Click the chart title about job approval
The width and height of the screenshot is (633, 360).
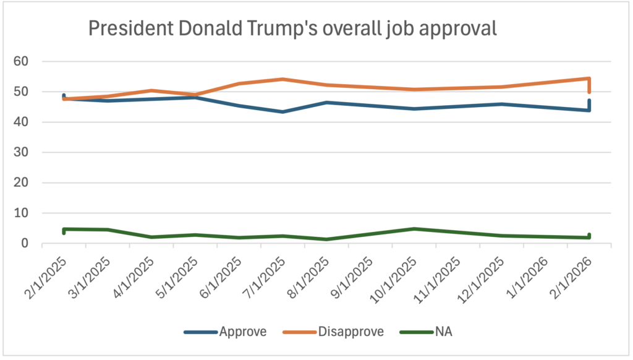pyautogui.click(x=292, y=28)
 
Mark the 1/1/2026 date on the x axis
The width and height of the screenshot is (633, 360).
pyautogui.click(x=529, y=272)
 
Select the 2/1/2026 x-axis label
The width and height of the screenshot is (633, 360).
pyautogui.click(x=572, y=272)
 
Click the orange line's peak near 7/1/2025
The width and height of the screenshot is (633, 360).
pyautogui.click(x=283, y=79)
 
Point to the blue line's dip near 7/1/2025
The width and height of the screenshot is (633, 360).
pyautogui.click(x=283, y=112)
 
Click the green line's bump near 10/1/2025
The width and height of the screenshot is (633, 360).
pyautogui.click(x=414, y=229)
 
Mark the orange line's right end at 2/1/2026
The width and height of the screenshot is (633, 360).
pyautogui.click(x=589, y=79)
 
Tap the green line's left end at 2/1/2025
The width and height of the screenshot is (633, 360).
pyautogui.click(x=64, y=229)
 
